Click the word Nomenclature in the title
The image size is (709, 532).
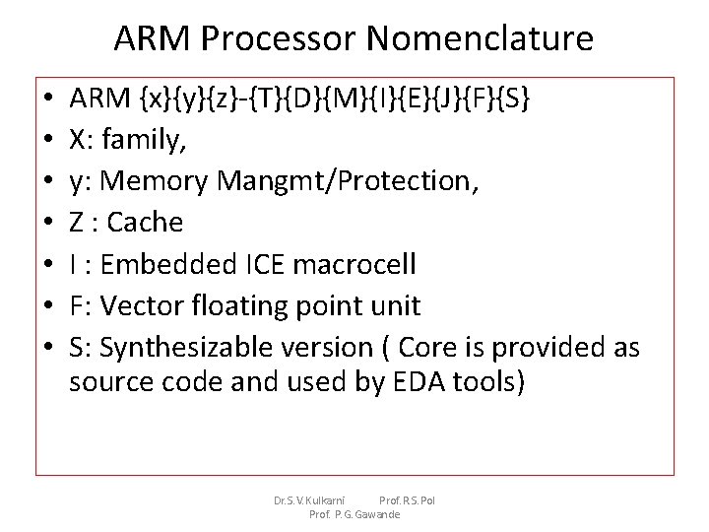click(x=480, y=38)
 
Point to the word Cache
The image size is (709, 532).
click(x=145, y=223)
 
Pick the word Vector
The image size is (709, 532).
click(x=142, y=305)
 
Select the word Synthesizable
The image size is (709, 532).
click(x=182, y=347)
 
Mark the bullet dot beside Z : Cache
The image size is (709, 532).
click(x=48, y=224)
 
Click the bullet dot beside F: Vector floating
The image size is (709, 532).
click(x=48, y=306)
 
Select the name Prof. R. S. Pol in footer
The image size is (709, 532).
click(x=407, y=500)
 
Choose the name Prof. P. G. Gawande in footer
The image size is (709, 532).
click(x=354, y=514)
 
